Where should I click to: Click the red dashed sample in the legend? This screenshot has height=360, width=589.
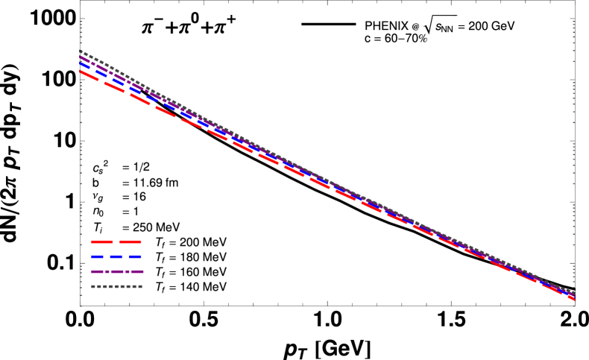coord(116,242)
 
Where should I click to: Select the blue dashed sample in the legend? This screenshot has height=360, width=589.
coord(116,257)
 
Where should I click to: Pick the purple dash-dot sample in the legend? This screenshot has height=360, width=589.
coord(117,272)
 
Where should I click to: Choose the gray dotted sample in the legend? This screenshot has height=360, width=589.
coord(116,287)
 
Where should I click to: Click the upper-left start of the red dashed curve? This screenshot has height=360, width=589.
coord(81,72)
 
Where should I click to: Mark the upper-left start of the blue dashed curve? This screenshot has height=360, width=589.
coord(81,63)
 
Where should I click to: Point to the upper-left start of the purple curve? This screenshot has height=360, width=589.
coord(81,57)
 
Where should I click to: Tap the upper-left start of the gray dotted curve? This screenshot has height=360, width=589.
coord(81,51)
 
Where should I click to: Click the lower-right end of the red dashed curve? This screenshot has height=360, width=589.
coord(573,299)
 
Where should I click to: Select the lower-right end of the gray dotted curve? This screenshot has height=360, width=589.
coord(573,292)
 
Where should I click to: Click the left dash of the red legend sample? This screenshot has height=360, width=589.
coord(101,242)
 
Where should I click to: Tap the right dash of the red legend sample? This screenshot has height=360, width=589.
coord(130,242)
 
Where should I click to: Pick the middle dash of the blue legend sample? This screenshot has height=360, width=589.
coord(116,257)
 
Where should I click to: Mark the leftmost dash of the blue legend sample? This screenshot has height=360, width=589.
coord(98,257)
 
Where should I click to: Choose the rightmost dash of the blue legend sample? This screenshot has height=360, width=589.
coord(135,257)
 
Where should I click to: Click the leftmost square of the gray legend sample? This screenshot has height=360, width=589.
coord(93,287)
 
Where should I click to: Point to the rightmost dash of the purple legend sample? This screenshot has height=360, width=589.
coord(137,272)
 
